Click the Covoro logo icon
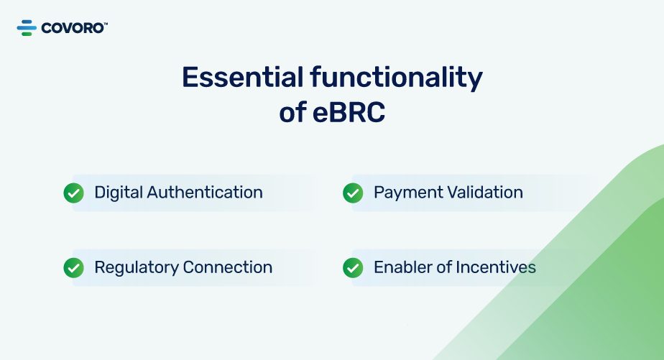pyautogui.click(x=27, y=28)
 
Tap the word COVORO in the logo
pyautogui.click(x=73, y=28)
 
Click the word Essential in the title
pyautogui.click(x=243, y=77)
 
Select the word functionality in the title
pyautogui.click(x=397, y=78)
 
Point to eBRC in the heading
pyautogui.click(x=349, y=113)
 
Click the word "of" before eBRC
pyautogui.click(x=292, y=113)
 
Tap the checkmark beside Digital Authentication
pyautogui.click(x=74, y=193)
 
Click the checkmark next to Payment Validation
pyautogui.click(x=353, y=193)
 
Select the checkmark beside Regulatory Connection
pyautogui.click(x=74, y=268)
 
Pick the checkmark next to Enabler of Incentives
pyautogui.click(x=353, y=268)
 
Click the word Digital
pyautogui.click(x=119, y=193)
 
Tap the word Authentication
pyautogui.click(x=205, y=193)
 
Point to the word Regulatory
pyautogui.click(x=137, y=269)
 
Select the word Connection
pyautogui.click(x=228, y=268)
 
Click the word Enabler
pyautogui.click(x=402, y=267)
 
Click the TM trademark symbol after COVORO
pyautogui.click(x=106, y=24)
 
